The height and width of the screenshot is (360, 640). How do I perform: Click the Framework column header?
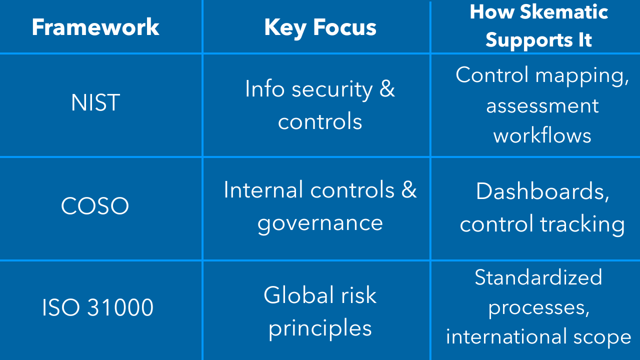coord(95,27)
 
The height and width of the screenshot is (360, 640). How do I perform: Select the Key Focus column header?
coord(320,28)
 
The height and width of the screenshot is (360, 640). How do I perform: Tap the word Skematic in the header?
coord(563,12)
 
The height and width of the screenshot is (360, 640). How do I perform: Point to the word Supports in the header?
coord(529,40)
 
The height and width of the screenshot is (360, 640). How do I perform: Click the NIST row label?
coord(95,102)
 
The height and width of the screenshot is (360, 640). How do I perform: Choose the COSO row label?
coord(95,205)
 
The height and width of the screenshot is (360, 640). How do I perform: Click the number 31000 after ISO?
coord(120,307)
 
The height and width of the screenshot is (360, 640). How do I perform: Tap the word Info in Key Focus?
coord(265,89)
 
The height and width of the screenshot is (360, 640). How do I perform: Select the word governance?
coord(320,224)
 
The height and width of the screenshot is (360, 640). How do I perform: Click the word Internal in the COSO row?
coord(263,189)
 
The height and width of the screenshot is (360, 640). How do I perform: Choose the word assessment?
coord(542,106)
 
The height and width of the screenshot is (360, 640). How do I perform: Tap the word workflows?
coord(542,135)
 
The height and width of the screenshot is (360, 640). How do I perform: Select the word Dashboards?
coord(542,191)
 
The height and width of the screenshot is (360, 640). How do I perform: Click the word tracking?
coord(582,225)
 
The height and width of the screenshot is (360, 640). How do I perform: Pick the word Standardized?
coord(538,277)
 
